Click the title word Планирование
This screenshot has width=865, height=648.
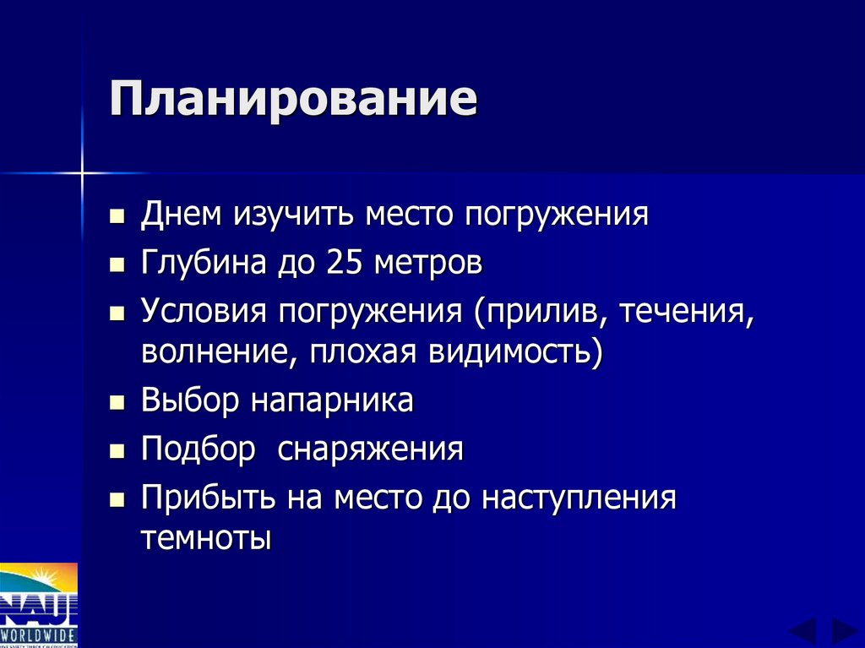[292, 100]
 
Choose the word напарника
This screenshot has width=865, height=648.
[332, 400]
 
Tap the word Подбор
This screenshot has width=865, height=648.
[198, 449]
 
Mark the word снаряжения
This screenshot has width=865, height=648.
[372, 449]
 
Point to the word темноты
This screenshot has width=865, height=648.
[207, 538]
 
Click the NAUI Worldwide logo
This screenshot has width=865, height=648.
[39, 605]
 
